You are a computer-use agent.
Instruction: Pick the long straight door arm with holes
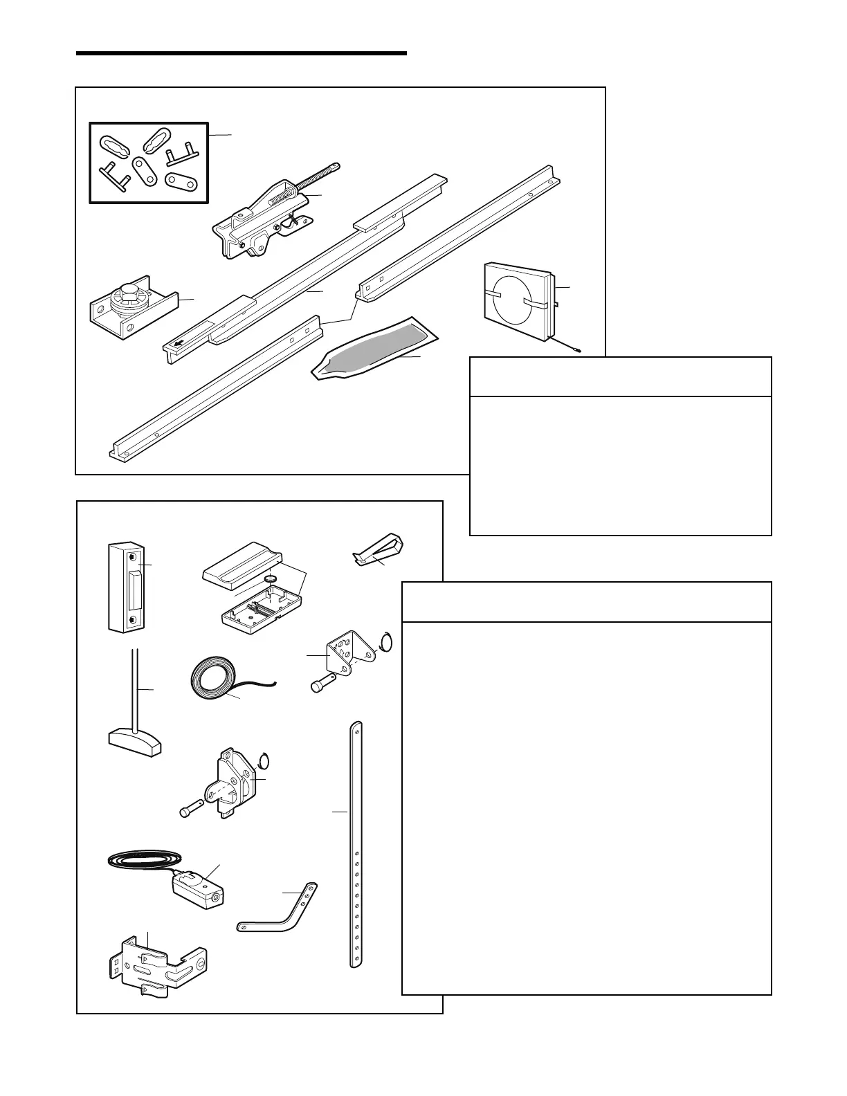(x=356, y=844)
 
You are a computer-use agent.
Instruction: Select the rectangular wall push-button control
(x=128, y=587)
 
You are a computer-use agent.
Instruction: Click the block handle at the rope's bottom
(x=135, y=742)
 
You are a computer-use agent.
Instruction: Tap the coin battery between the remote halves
(x=271, y=578)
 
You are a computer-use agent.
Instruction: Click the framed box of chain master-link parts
(x=149, y=163)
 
